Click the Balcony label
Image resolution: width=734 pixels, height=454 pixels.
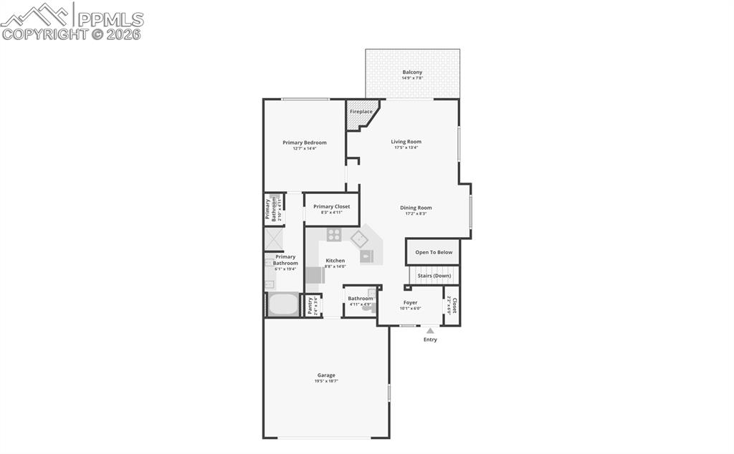pos(412,72)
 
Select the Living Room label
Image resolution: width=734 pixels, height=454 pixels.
pos(406,142)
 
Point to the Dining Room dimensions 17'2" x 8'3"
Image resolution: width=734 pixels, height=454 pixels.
pos(416,213)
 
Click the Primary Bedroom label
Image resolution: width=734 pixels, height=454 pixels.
pos(304,143)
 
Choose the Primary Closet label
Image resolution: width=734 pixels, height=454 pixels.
pos(332,206)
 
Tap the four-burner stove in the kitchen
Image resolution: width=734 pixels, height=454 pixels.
pos(334,234)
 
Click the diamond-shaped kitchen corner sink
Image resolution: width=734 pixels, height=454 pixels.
pos(359,238)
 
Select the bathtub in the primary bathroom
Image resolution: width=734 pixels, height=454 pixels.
pos(284,304)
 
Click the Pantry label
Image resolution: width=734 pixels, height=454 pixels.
pos(310,306)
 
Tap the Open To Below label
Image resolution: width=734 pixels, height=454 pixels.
pos(434,252)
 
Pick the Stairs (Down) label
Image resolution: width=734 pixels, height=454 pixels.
pos(434,276)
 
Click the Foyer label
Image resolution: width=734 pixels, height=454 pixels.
pos(410,303)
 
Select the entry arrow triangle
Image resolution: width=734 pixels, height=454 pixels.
pos(430,331)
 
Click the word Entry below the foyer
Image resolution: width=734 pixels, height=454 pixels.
pos(430,339)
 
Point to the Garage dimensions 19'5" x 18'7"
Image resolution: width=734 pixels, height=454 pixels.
pos(326,381)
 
